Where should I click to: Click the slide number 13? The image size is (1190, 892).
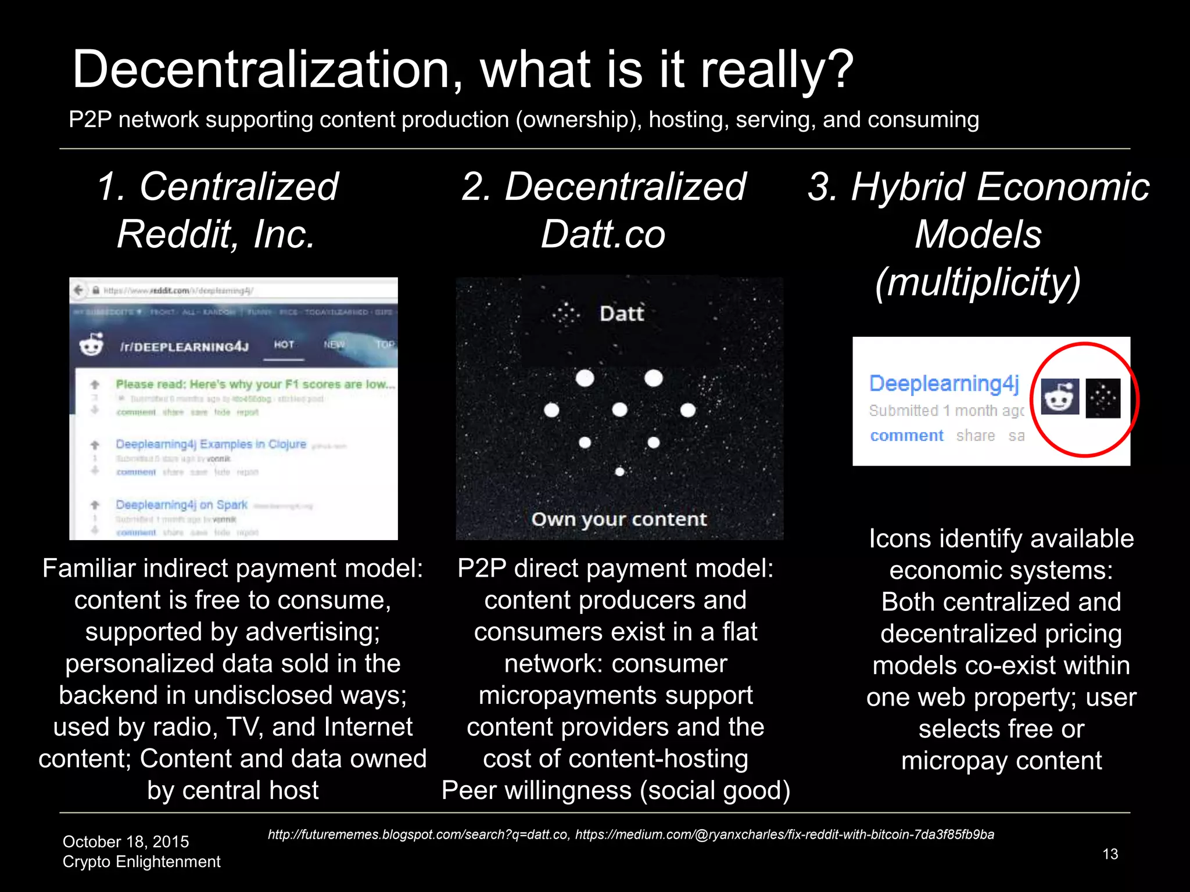click(1110, 854)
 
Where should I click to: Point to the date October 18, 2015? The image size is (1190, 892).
click(126, 841)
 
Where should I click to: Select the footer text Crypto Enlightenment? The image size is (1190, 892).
click(141, 862)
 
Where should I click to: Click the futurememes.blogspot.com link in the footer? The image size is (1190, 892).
click(418, 835)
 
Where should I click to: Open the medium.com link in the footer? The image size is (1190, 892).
click(784, 835)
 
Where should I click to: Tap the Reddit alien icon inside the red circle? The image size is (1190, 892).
click(1060, 397)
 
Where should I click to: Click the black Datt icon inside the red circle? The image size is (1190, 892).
click(1102, 398)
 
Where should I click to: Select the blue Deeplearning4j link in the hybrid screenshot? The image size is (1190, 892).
click(944, 384)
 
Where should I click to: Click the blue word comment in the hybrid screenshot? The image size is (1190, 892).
click(906, 436)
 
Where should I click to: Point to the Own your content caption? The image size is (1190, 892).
click(619, 519)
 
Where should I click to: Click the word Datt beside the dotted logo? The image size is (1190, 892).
click(622, 314)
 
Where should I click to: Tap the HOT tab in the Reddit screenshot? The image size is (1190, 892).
click(284, 345)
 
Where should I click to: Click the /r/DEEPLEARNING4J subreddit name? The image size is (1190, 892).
click(184, 347)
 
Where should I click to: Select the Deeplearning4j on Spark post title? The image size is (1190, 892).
click(181, 505)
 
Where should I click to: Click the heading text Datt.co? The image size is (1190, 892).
click(603, 235)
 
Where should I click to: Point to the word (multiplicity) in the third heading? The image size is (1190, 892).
click(978, 282)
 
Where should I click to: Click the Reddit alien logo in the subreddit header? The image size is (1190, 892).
click(92, 345)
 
